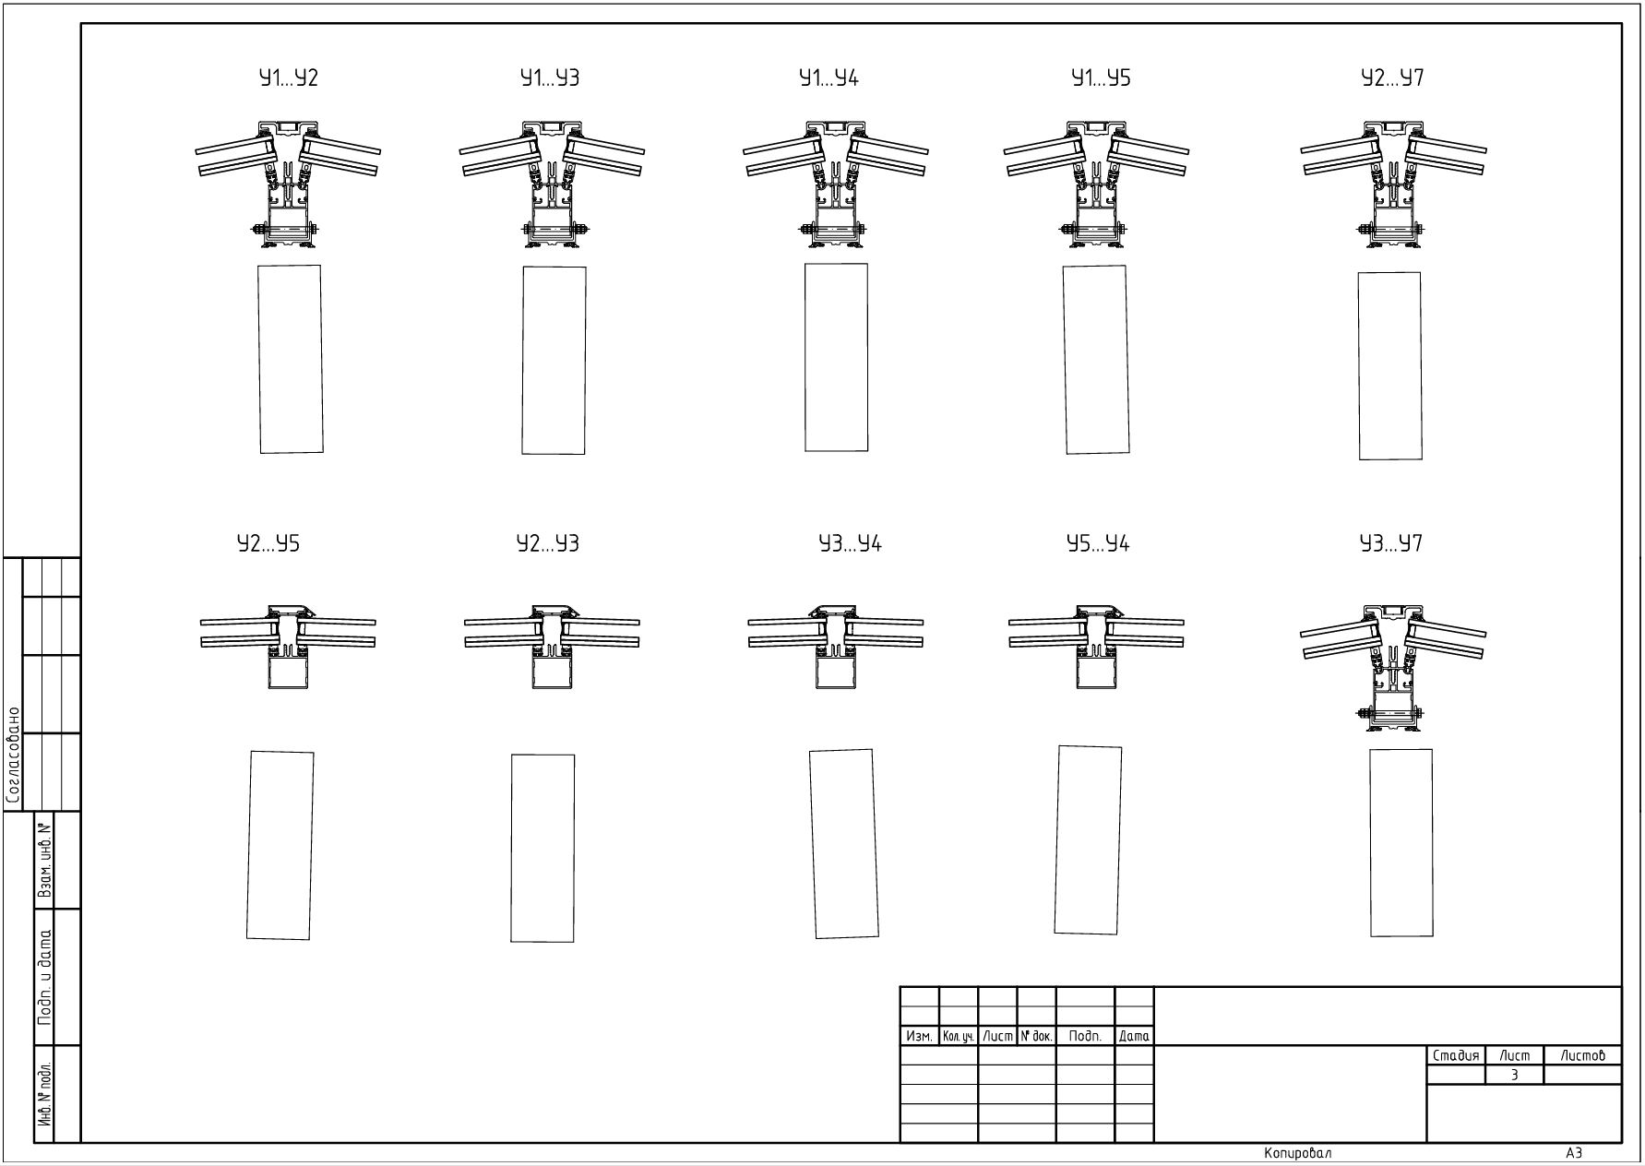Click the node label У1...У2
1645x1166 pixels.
click(289, 78)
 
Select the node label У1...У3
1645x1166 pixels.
click(550, 78)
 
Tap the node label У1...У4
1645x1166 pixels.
click(828, 78)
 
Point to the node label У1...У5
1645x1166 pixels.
click(1101, 78)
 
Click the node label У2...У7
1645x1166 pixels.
click(1393, 78)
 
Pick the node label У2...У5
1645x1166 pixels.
click(268, 544)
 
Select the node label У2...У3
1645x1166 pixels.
click(548, 544)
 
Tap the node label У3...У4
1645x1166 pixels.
click(851, 544)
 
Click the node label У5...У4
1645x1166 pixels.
click(1098, 544)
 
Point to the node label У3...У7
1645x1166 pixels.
click(1391, 544)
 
